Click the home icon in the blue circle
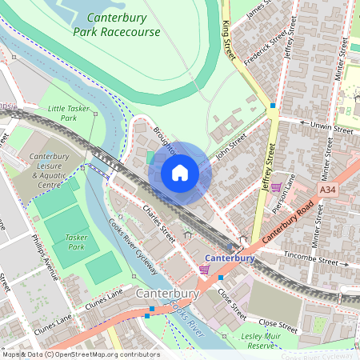180,173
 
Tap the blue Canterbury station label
229,258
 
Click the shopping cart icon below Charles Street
204,270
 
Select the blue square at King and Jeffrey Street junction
273,105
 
